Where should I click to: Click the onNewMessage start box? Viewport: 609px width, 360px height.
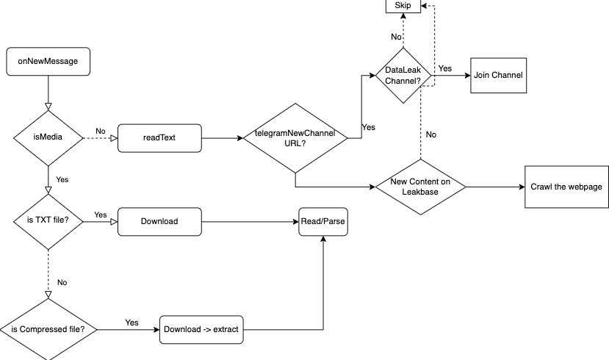click(x=48, y=62)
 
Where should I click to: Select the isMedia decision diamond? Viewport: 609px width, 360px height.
click(x=48, y=137)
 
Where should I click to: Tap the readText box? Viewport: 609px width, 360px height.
click(x=159, y=137)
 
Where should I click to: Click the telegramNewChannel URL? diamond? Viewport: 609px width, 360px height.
click(x=295, y=138)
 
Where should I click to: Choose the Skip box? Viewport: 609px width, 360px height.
click(x=403, y=6)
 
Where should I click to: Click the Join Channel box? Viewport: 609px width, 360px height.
click(x=499, y=74)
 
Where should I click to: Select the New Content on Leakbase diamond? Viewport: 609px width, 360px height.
click(x=420, y=187)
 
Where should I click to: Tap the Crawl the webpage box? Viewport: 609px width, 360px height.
click(x=566, y=187)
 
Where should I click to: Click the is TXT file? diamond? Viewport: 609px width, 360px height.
click(x=48, y=220)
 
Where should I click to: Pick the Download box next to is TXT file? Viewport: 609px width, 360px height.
click(x=159, y=220)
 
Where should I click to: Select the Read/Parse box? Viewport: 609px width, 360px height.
click(x=322, y=220)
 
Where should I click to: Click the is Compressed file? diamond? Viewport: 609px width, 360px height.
click(x=48, y=329)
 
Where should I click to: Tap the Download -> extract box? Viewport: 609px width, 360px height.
click(x=201, y=329)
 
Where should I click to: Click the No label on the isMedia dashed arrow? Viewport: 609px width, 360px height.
click(x=101, y=132)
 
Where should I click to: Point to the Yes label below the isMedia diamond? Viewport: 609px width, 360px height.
click(x=62, y=179)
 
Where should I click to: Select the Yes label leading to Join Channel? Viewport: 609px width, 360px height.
click(x=444, y=68)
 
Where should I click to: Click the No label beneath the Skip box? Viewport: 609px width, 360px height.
click(x=396, y=36)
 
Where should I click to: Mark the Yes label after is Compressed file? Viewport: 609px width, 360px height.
click(x=131, y=323)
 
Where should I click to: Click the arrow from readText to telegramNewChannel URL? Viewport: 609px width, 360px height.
click(x=220, y=137)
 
